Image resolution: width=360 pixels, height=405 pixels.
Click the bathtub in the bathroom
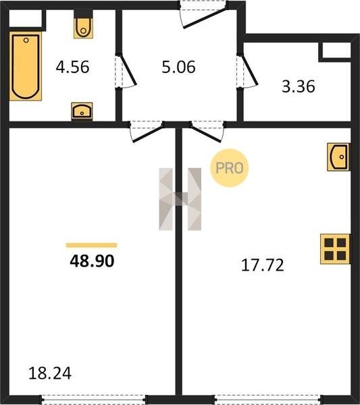click(x=26, y=66)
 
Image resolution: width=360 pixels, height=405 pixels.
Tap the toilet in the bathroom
click(x=83, y=24)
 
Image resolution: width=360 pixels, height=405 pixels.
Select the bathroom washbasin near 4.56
click(x=82, y=111)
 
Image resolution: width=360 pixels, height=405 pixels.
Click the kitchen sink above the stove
click(x=338, y=157)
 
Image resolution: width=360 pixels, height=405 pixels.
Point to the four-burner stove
click(x=335, y=249)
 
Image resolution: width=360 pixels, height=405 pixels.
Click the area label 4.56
click(x=73, y=67)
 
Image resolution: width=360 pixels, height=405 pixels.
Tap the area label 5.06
click(x=178, y=67)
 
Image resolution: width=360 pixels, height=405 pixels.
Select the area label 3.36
click(x=299, y=86)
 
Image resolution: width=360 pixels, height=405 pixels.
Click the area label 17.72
click(x=263, y=265)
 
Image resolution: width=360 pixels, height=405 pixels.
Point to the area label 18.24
click(x=50, y=373)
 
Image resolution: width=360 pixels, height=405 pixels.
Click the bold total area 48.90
click(x=92, y=261)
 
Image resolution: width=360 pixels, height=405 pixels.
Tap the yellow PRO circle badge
click(x=229, y=168)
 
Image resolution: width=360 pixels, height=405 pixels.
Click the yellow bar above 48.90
click(x=91, y=245)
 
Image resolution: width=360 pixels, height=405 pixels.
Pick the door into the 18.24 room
click(x=147, y=132)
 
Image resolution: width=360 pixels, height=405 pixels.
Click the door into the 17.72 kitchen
click(x=207, y=132)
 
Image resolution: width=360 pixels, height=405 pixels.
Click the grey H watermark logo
click(x=180, y=199)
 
